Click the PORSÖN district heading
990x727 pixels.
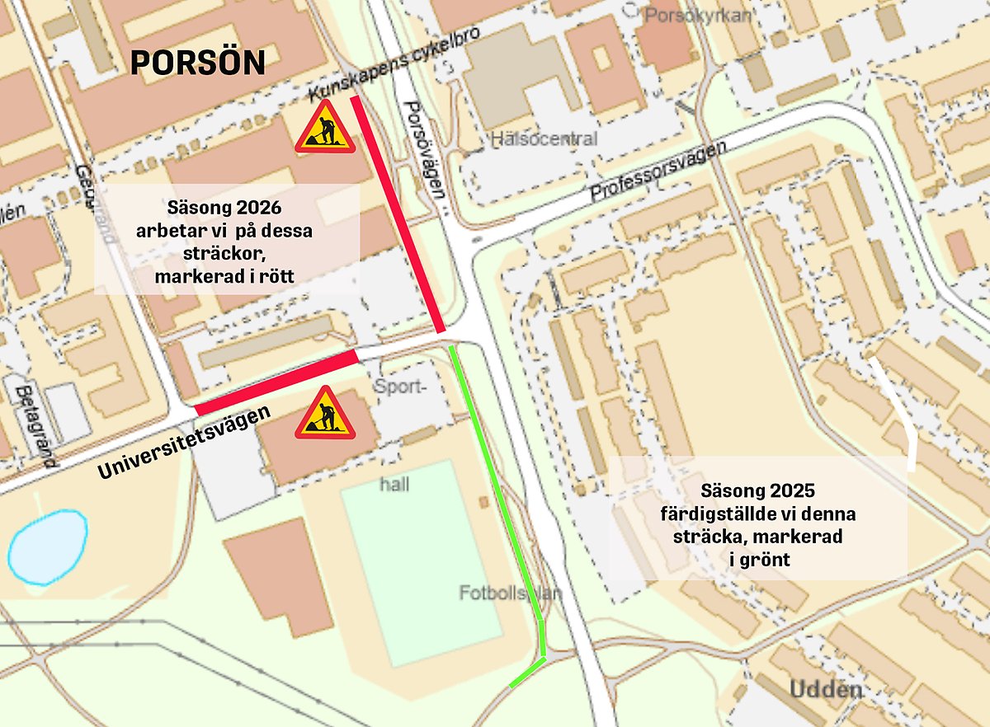coord(198,63)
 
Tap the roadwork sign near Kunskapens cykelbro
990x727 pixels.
coord(325,128)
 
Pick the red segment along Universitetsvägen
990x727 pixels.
coord(276,382)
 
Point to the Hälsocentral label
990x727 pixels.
coord(544,138)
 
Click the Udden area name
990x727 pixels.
coord(826,689)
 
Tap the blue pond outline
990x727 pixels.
coord(48,547)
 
